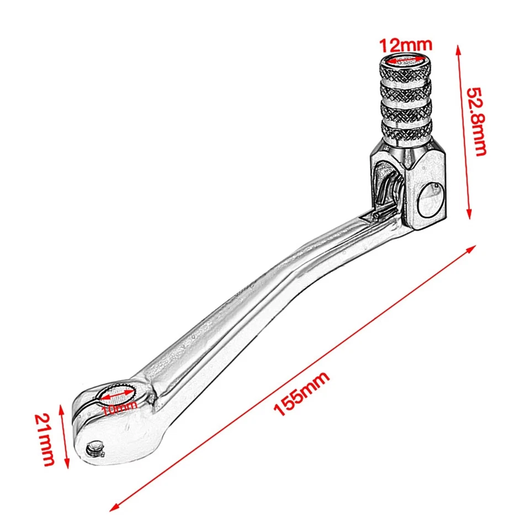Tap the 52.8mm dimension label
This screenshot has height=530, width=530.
coord(476,121)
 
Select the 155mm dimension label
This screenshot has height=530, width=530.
coord(303,394)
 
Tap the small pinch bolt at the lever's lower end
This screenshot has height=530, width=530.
coord(97,448)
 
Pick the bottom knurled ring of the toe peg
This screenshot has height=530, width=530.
coord(407,130)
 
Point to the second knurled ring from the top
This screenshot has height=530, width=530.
coord(406,90)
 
